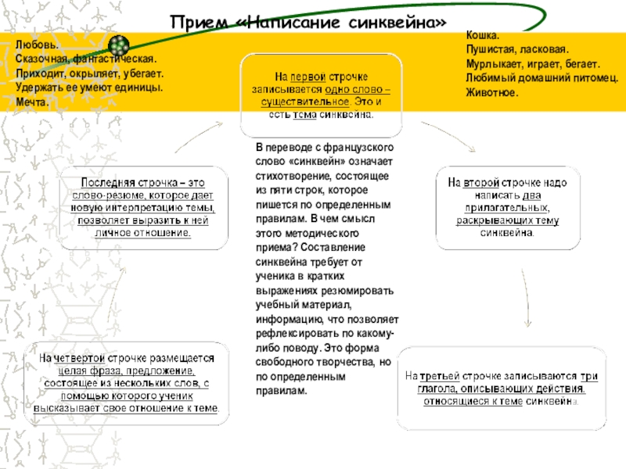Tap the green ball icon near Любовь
[x=118, y=45]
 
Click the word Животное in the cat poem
[x=491, y=91]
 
